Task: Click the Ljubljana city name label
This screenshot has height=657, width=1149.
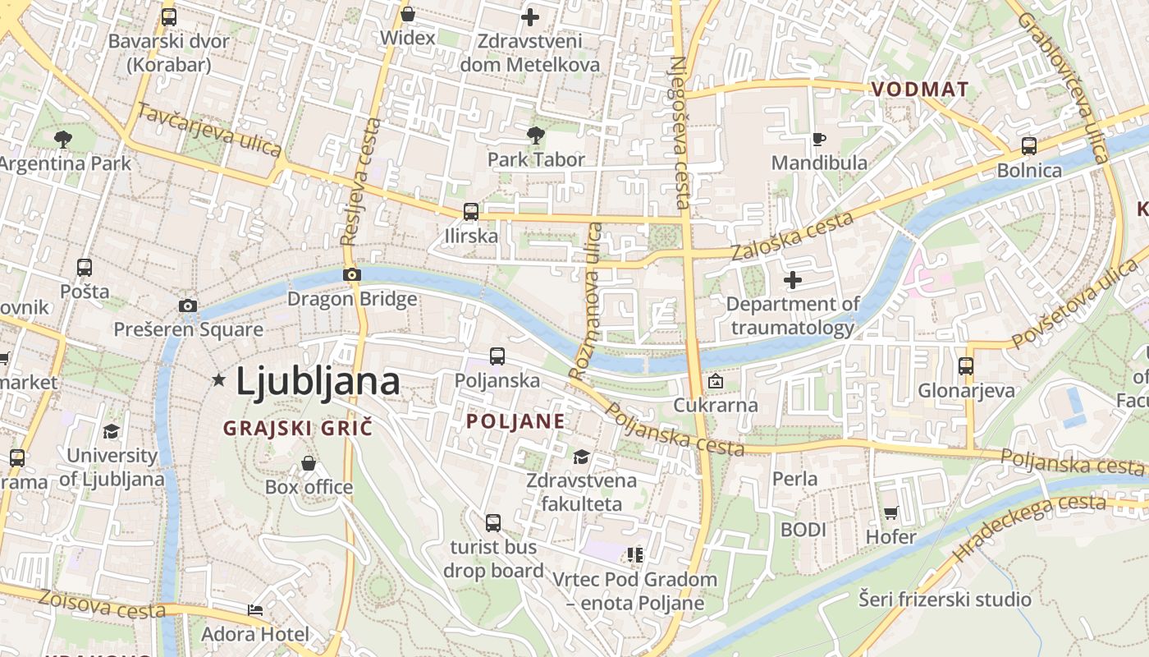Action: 318,381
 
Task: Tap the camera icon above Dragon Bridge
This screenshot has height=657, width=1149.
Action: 352,274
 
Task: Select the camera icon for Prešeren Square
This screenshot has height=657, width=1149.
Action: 188,306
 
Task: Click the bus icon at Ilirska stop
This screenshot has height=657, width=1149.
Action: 471,212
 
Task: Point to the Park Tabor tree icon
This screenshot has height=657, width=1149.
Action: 536,136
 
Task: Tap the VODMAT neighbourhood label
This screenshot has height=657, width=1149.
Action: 920,90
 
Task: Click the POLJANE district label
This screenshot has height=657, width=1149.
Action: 515,422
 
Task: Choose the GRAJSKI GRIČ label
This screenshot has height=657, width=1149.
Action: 298,428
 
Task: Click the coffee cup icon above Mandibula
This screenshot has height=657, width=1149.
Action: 818,139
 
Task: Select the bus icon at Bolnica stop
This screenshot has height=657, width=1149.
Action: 1028,146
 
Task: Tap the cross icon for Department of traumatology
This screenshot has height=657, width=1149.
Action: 793,281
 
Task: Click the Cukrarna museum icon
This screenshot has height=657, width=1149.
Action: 716,381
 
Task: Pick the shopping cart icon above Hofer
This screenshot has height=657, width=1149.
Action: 891,513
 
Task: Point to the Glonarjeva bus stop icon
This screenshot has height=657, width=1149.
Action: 966,366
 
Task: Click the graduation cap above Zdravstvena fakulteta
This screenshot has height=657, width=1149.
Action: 581,457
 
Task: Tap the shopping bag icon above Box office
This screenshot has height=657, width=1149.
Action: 309,463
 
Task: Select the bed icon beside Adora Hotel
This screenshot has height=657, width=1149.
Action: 255,610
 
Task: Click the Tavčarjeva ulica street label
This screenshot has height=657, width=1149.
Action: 209,130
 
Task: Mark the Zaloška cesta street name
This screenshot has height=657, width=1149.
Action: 793,236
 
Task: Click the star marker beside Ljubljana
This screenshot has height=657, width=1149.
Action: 218,379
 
